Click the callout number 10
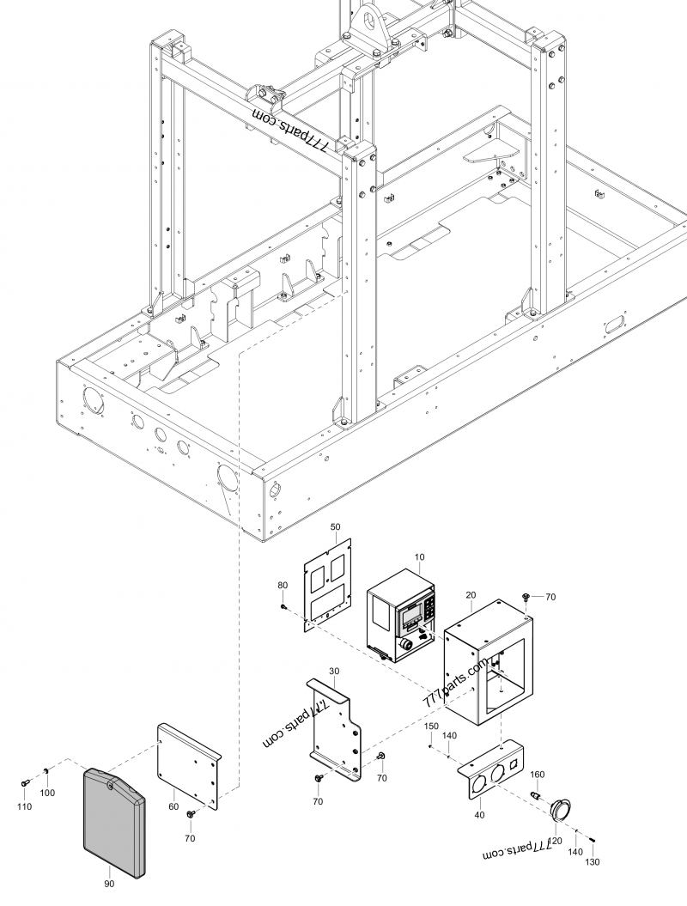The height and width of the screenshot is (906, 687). pos(419,557)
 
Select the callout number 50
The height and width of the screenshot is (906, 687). pos(335,526)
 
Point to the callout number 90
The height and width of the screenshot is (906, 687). pos(108,883)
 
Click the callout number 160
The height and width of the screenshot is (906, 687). pos(537,775)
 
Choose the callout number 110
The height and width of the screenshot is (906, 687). pos(24,807)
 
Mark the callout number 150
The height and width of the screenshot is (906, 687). pos(431,726)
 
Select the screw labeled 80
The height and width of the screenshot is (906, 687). pos(283,607)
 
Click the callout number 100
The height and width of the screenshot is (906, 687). pos(48,793)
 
